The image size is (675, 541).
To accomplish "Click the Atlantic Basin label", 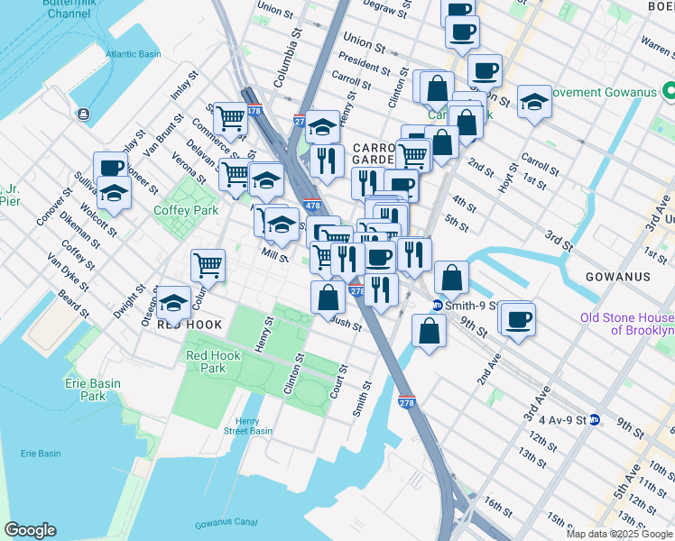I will pos(132,54).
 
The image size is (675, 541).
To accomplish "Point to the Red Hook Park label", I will pos(213,362).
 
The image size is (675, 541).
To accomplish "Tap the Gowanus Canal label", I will pos(226,522).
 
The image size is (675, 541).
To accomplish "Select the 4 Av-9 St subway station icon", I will pos(595,419).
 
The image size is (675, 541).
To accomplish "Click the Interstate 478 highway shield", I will pos(312,206).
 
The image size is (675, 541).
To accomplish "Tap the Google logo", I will pos(30,530).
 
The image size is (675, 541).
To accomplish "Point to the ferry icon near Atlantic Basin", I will pos(84,114).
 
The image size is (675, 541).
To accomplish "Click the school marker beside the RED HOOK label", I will pos(172,302).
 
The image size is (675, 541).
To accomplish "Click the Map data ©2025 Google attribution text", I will pos(618,534).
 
